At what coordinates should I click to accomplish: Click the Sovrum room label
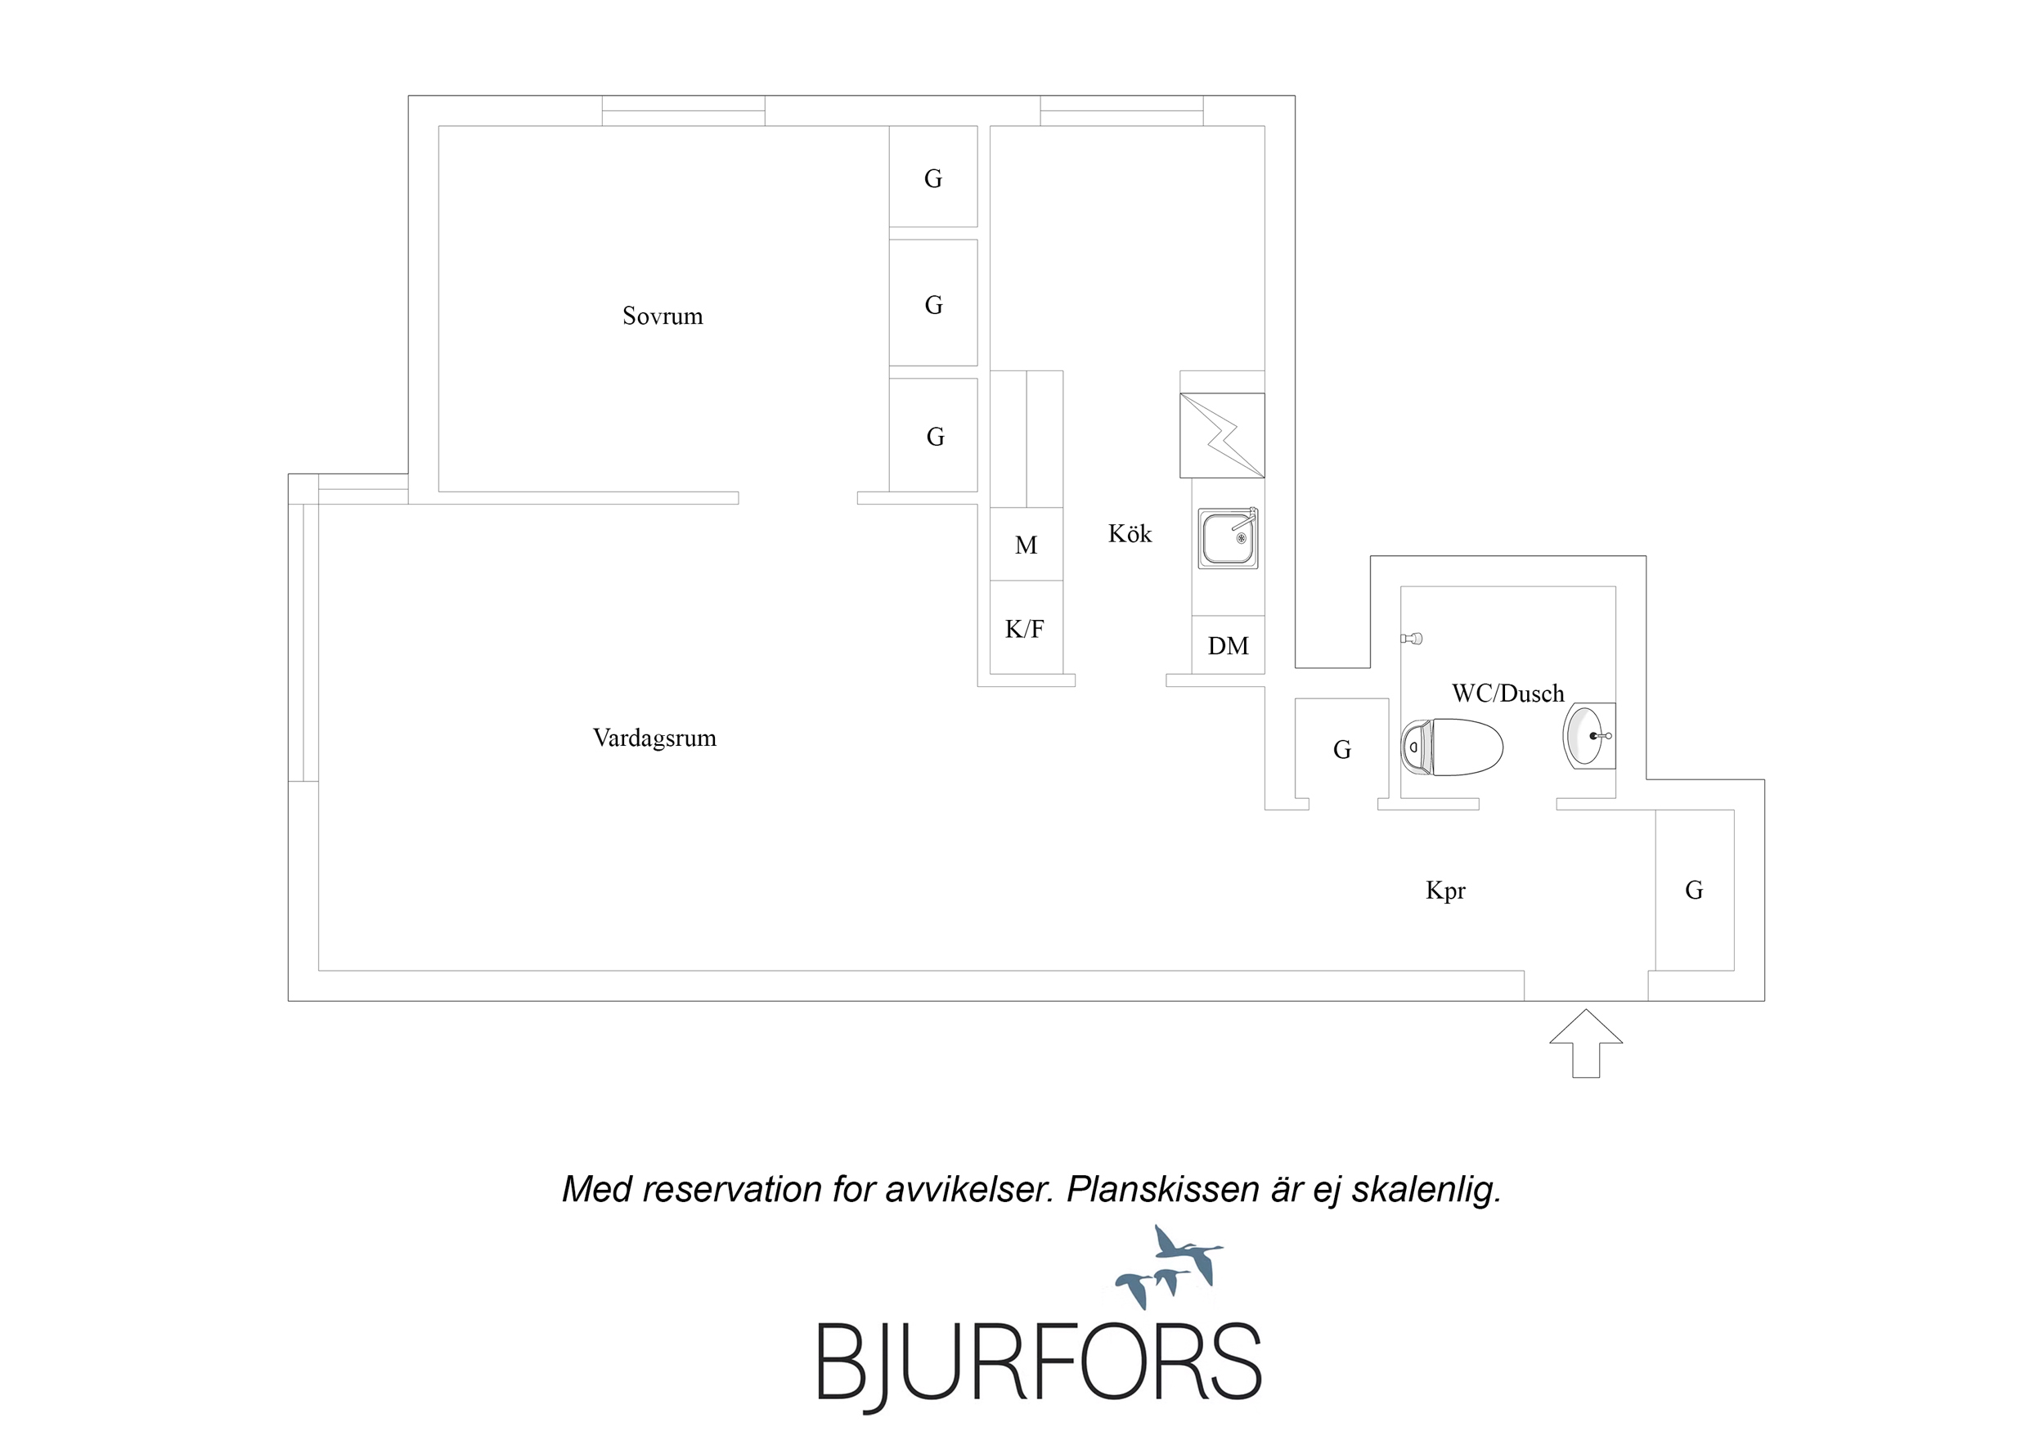click(663, 316)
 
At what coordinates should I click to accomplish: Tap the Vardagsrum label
click(654, 738)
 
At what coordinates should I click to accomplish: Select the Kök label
click(1130, 533)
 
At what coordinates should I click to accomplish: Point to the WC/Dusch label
click(1507, 693)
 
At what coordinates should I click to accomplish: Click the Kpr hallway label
click(1444, 891)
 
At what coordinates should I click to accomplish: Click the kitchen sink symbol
click(1228, 538)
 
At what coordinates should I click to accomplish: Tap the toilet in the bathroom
click(1452, 748)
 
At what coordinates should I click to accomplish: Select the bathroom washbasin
click(1589, 735)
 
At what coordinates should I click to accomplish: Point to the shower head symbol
click(1411, 639)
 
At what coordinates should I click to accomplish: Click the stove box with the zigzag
click(1221, 435)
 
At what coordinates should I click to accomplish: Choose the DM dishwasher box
click(1228, 644)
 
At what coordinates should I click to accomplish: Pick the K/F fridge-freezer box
click(1026, 628)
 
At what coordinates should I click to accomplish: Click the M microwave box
click(1026, 544)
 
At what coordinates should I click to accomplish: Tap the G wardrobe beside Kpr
click(1694, 890)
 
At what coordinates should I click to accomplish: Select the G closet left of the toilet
click(1341, 750)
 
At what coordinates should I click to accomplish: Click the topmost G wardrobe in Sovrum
click(933, 177)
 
